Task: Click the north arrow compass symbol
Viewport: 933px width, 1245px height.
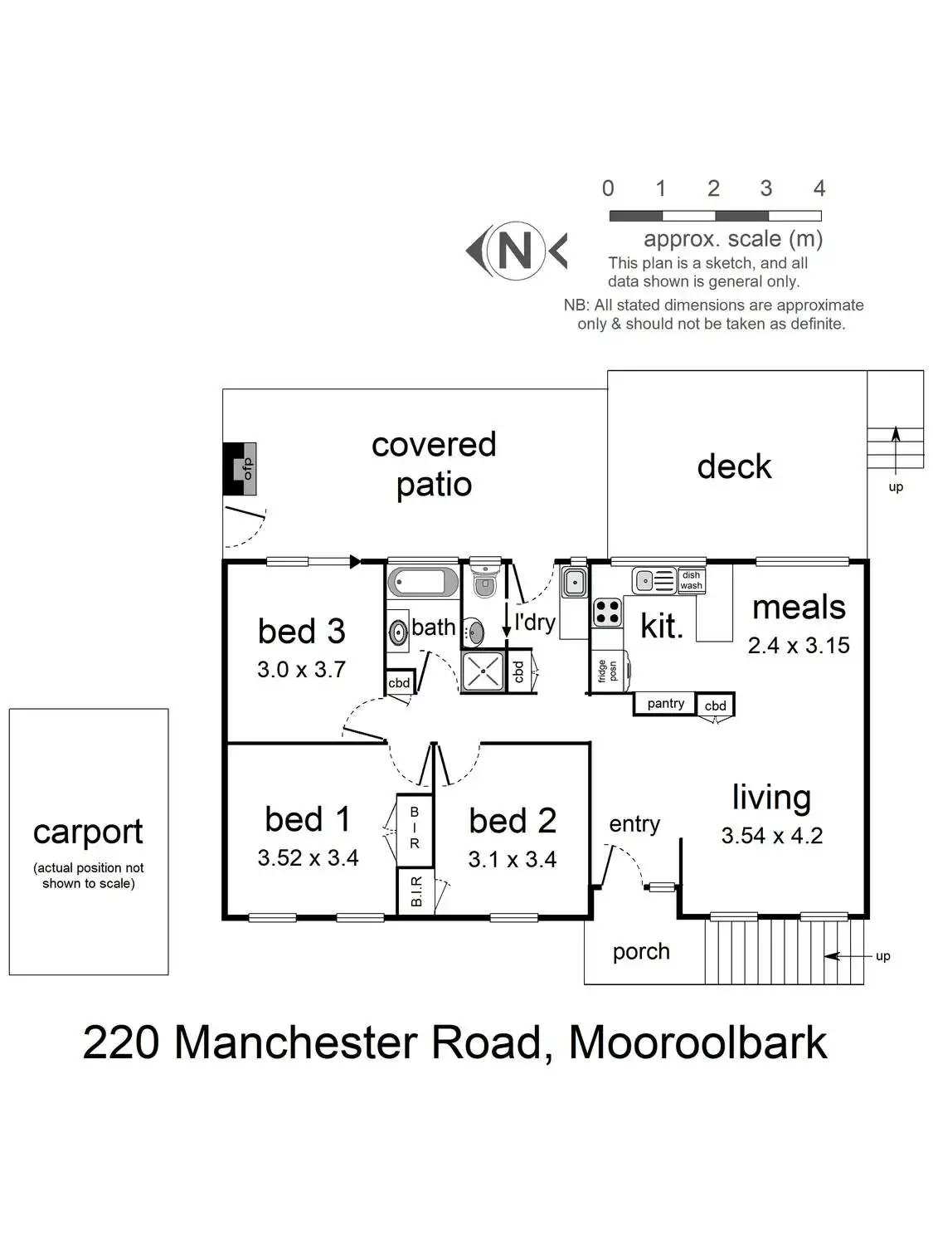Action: [x=515, y=250]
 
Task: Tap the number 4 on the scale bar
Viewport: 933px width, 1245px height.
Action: [x=819, y=188]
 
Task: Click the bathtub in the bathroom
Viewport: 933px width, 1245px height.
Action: [x=423, y=582]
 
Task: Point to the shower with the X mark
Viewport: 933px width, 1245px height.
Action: [x=483, y=671]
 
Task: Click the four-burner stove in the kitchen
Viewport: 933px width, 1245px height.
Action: [x=607, y=613]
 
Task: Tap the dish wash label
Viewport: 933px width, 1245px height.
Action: [x=691, y=580]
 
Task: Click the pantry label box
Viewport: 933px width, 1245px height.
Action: [x=665, y=704]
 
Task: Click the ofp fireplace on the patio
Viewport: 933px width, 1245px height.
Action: [x=240, y=469]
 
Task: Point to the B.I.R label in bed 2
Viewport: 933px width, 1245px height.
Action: [x=416, y=891]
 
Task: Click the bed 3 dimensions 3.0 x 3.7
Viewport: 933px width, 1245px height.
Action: [x=301, y=669]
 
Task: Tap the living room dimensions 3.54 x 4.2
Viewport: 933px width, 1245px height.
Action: [x=771, y=836]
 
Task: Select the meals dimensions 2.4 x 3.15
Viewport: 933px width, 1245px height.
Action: [x=798, y=646]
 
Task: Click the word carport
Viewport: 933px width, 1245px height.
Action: [x=88, y=832]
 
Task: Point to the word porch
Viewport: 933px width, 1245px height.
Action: [x=640, y=951]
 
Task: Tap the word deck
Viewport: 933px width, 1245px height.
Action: [x=734, y=466]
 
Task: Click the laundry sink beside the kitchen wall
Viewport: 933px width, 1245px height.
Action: [x=574, y=583]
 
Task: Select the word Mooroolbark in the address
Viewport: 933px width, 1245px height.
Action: [x=697, y=1042]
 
